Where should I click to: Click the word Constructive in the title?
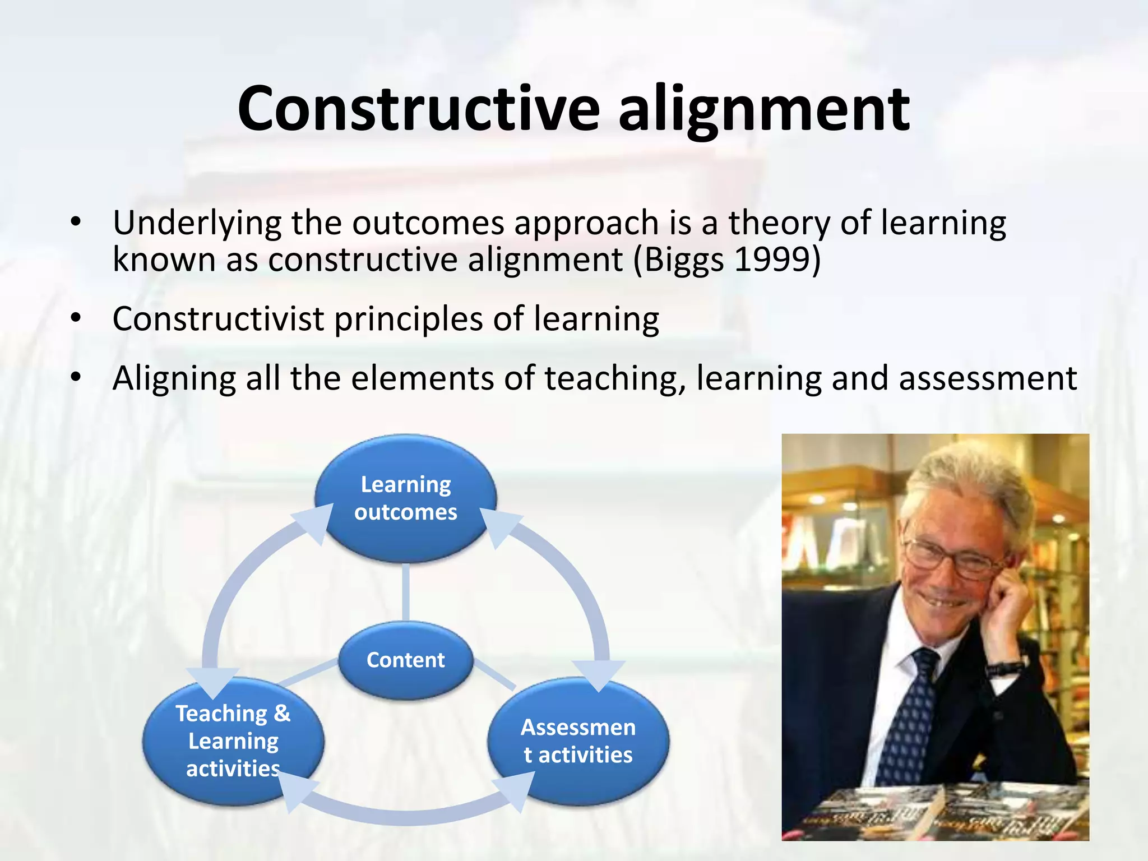coord(418,109)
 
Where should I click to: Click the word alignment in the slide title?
coord(763,109)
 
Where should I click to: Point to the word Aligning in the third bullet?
coord(174,379)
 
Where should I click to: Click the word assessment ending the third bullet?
coord(988,379)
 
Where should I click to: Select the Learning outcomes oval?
coord(405,498)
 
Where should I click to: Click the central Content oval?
coord(405,660)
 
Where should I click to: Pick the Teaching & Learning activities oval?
coord(233,741)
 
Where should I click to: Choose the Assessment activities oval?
coord(578,741)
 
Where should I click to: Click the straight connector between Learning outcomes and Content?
coord(405,591)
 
